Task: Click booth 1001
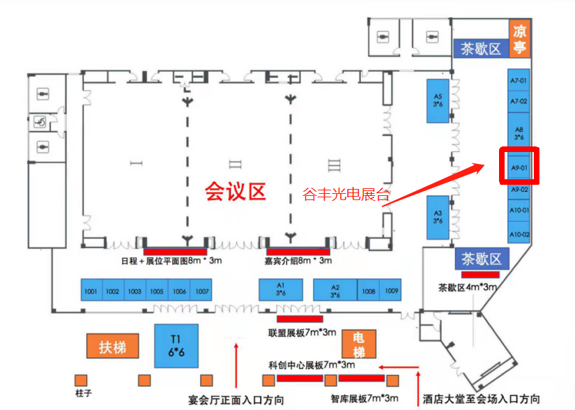90,291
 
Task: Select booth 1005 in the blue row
156,291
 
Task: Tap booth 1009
392,291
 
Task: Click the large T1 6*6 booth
176,347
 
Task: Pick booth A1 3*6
281,290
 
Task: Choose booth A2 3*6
335,290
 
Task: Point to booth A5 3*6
438,100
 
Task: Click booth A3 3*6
438,216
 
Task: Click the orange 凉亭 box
519,39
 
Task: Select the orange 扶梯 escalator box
112,347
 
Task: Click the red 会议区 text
236,191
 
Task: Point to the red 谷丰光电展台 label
346,195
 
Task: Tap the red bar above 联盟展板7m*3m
299,319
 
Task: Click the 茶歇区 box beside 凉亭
480,49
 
